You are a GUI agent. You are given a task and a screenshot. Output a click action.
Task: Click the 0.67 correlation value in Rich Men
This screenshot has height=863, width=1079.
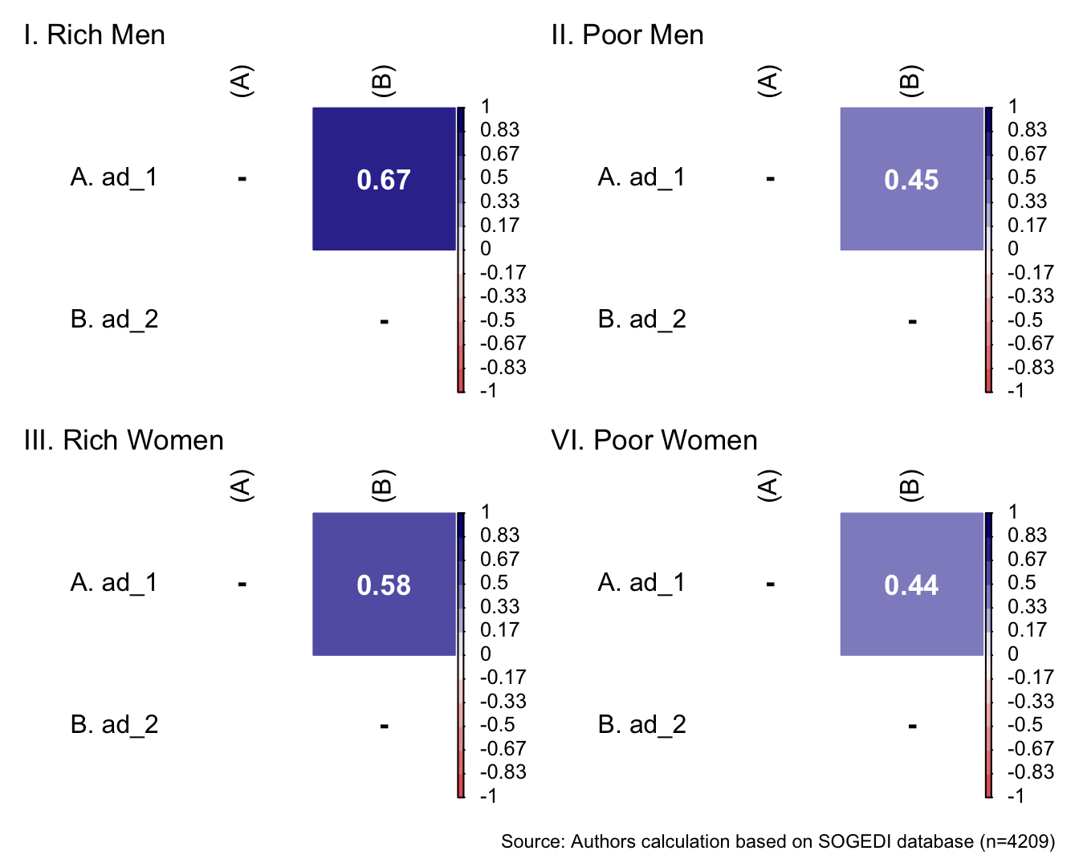click(x=384, y=180)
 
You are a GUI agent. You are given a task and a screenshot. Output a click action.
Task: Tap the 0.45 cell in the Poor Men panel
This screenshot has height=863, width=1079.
click(x=911, y=180)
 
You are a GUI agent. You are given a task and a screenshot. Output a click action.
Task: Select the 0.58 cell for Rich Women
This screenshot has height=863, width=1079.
click(x=384, y=585)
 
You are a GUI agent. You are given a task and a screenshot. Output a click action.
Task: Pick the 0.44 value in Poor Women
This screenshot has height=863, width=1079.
click(x=911, y=585)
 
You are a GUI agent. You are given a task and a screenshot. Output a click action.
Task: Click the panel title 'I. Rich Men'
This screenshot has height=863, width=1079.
click(x=95, y=35)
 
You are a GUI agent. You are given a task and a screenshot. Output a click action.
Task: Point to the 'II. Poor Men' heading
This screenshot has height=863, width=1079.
click(x=627, y=35)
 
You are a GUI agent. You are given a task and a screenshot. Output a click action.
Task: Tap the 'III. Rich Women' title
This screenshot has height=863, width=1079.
click(x=124, y=441)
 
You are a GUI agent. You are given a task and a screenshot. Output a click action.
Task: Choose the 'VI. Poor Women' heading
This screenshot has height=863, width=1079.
click(x=654, y=441)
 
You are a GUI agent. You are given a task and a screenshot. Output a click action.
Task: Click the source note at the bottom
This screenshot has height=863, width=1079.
click(x=777, y=841)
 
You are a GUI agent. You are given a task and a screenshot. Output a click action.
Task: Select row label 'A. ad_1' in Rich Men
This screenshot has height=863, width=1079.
click(x=114, y=177)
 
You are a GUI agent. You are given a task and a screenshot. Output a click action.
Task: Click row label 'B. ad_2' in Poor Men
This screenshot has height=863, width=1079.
click(x=641, y=320)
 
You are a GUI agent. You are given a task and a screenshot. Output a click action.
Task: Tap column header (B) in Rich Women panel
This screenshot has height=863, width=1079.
click(x=382, y=486)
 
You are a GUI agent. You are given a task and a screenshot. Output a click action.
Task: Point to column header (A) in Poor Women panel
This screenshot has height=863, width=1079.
click(x=769, y=486)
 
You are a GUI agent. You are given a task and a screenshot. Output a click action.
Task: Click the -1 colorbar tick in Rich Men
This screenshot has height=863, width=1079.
click(x=488, y=391)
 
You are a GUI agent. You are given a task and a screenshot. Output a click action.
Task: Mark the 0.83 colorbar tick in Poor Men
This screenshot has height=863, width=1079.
click(x=1028, y=130)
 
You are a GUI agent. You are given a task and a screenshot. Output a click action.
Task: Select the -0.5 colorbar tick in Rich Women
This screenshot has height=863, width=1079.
click(x=497, y=725)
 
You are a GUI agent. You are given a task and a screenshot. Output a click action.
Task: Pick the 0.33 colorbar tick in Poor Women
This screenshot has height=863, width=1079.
click(x=1028, y=607)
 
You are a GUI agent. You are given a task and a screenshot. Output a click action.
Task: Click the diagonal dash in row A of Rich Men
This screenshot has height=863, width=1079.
click(x=242, y=178)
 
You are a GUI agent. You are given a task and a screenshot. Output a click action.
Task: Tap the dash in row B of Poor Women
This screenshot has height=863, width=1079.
click(x=912, y=727)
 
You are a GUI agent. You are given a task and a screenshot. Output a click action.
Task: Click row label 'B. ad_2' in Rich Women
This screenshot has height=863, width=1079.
click(x=114, y=725)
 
